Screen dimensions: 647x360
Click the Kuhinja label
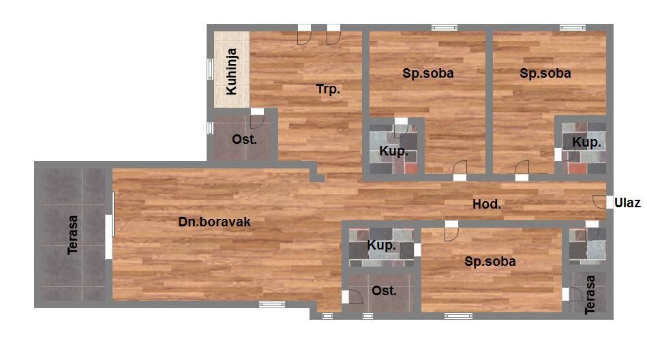pyautogui.click(x=232, y=72)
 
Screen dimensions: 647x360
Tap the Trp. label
pyautogui.click(x=328, y=89)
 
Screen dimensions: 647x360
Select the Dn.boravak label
pyautogui.click(x=214, y=222)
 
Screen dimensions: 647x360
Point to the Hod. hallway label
pyautogui.click(x=487, y=204)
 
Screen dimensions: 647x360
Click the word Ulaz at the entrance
pyautogui.click(x=627, y=202)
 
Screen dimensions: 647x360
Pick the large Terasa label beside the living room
pyautogui.click(x=73, y=235)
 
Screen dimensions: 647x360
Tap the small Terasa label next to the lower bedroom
pyautogui.click(x=590, y=295)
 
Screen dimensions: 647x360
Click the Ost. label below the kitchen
pyautogui.click(x=244, y=140)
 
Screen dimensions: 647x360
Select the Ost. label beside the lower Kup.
pyautogui.click(x=384, y=291)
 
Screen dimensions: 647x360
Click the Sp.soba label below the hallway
pyautogui.click(x=490, y=261)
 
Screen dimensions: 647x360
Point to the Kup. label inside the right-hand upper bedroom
pyautogui.click(x=586, y=143)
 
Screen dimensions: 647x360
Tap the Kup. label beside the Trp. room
pyautogui.click(x=393, y=151)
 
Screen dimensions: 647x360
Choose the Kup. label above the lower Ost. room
pyautogui.click(x=382, y=245)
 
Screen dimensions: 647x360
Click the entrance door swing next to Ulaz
pyautogui.click(x=599, y=202)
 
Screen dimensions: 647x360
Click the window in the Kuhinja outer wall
pyautogui.click(x=210, y=69)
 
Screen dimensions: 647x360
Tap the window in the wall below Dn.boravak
pyautogui.click(x=272, y=305)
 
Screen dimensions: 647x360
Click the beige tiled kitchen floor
pyautogui.click(x=232, y=70)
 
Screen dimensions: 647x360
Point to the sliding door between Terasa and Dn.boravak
pyautogui.click(x=110, y=226)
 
